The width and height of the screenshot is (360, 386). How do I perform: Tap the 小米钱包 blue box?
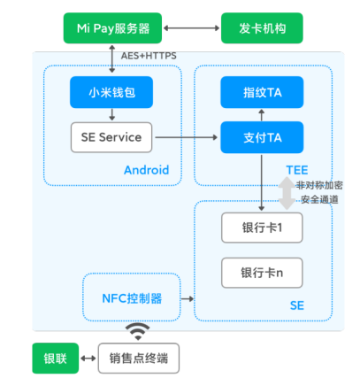tap(111, 92)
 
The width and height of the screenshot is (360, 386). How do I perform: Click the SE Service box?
tap(111, 137)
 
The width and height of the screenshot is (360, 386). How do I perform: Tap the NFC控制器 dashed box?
tap(132, 298)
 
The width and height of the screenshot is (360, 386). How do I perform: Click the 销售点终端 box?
tap(138, 358)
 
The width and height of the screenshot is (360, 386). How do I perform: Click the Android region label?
tap(146, 170)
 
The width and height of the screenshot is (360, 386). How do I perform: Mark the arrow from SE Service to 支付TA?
tap(185, 137)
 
